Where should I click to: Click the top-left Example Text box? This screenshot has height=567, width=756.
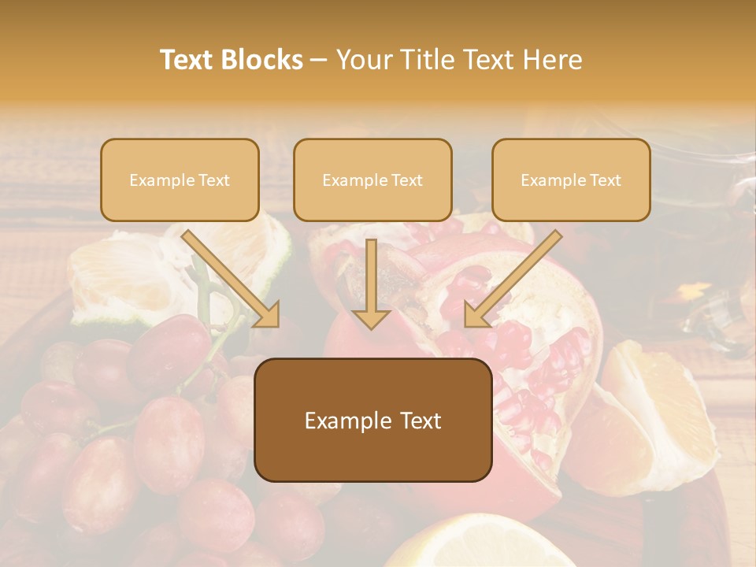click(x=180, y=180)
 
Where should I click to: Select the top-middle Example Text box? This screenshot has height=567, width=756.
click(x=372, y=180)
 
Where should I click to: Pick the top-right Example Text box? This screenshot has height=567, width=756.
click(x=571, y=180)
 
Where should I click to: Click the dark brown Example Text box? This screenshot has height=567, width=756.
click(x=372, y=421)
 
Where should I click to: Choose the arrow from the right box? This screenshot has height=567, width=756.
click(x=512, y=279)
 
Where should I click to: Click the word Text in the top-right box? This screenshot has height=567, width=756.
click(x=605, y=180)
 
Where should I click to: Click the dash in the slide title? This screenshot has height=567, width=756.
click(x=320, y=60)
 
